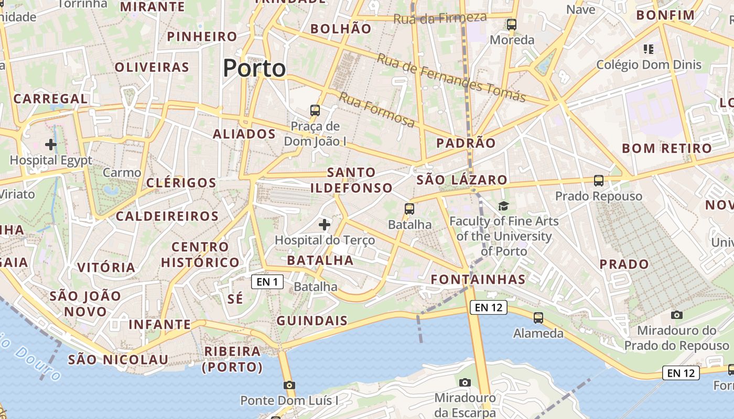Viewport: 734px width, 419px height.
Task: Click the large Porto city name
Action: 254,69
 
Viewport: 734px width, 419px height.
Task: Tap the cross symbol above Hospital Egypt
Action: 51,144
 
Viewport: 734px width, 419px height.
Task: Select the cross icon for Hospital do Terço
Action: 325,225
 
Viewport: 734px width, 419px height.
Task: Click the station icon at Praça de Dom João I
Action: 315,111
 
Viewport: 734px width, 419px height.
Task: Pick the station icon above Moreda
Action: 512,24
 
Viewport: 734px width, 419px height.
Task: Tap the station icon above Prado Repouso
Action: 599,181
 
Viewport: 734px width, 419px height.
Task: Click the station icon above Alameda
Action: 538,317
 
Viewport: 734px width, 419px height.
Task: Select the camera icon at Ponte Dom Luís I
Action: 289,385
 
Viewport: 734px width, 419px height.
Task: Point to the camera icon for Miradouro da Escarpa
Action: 465,382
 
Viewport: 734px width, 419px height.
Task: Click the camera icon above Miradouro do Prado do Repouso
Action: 677,315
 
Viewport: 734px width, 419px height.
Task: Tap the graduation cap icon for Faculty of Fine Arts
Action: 503,206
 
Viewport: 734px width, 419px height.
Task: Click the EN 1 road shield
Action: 267,282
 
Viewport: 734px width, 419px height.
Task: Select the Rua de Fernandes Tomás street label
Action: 451,78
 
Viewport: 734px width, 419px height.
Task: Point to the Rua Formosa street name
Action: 376,109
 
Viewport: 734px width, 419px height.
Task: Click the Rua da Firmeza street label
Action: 440,18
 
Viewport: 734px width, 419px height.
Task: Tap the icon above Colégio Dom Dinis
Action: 649,49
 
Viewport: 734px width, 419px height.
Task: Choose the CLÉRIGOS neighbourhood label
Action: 181,183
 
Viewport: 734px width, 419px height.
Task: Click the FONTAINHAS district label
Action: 478,280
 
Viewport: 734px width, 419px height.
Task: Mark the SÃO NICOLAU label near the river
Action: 118,360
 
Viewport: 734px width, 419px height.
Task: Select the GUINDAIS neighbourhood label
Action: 312,321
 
